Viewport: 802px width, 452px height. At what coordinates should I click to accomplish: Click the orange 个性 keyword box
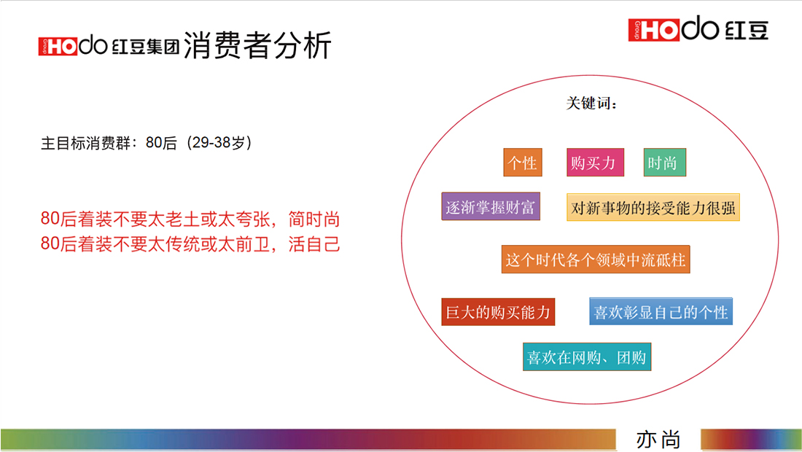coord(522,163)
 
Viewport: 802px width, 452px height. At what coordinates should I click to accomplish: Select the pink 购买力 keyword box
coord(595,163)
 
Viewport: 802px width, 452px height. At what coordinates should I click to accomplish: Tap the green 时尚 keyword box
coord(664,163)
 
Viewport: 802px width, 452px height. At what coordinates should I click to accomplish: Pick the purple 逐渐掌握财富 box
coord(491,206)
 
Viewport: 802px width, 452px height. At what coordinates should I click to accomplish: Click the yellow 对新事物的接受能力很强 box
coord(653,207)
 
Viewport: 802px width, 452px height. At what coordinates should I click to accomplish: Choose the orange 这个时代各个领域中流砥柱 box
coord(596,260)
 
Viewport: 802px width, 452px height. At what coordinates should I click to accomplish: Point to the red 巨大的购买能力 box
coord(498,312)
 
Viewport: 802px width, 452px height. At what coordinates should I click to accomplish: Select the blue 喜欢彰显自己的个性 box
coord(661,311)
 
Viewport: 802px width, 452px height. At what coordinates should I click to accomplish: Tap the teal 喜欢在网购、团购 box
coord(587,357)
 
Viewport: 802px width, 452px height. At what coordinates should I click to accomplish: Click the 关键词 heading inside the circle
coord(591,104)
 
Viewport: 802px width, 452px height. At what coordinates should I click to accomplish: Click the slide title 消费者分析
coord(257,45)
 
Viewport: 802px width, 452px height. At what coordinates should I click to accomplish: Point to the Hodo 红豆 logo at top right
coord(698,28)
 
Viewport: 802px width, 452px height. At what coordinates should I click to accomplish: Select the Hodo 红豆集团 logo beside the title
coord(109,45)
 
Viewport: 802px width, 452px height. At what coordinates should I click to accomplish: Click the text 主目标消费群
coord(85,143)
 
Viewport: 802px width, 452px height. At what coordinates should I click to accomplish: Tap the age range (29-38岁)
coord(219,143)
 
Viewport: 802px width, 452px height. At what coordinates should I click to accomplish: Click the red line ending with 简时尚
coord(190,219)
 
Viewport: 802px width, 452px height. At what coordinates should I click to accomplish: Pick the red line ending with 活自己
coord(190,244)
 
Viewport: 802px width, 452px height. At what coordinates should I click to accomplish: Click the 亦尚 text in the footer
coord(658,440)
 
